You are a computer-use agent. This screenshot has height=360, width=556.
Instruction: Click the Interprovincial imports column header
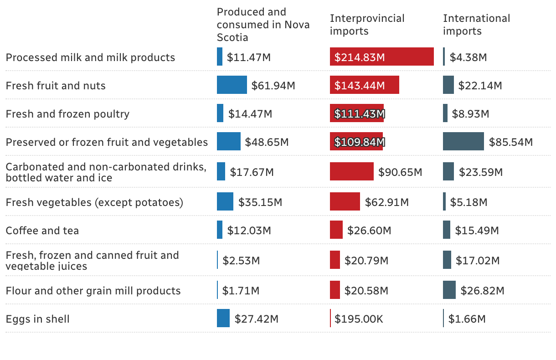click(367, 25)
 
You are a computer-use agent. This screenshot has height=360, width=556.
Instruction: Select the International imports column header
click(476, 25)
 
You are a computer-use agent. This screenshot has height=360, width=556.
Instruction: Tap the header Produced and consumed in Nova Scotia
click(263, 25)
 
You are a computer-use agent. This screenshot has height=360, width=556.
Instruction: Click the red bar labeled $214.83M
click(381, 57)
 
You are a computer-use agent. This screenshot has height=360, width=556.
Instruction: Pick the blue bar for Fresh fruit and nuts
click(232, 85)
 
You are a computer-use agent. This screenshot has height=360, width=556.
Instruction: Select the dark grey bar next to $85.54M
click(463, 142)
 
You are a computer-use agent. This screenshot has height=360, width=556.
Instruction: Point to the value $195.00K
click(359, 319)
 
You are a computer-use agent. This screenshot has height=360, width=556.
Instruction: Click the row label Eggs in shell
click(38, 319)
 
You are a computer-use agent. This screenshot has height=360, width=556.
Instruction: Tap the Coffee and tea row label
click(42, 231)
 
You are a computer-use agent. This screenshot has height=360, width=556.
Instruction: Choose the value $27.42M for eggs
click(256, 319)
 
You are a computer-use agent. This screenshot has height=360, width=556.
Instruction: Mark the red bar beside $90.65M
click(351, 172)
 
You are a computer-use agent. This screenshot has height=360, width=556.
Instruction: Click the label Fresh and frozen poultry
click(67, 114)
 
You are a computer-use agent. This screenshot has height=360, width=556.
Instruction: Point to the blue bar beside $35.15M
click(225, 202)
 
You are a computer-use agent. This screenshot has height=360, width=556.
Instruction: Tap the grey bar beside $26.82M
click(449, 290)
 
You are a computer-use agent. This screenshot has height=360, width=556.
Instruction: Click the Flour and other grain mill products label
click(93, 291)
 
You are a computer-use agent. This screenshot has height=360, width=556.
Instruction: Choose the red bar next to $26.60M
click(336, 230)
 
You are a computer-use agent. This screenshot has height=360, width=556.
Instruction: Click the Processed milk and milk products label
click(90, 57)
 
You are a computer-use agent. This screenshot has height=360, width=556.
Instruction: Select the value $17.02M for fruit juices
click(477, 261)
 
